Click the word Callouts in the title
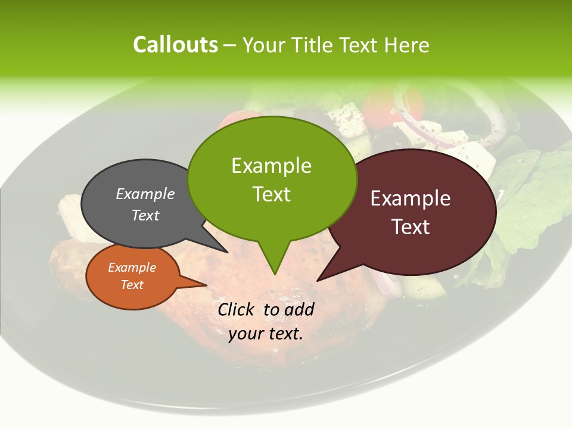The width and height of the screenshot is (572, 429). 175,45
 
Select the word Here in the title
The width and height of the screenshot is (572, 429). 408,45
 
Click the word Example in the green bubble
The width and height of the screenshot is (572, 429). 272,165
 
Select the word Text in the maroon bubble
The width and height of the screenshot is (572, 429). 411,227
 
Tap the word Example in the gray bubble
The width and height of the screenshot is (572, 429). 145,194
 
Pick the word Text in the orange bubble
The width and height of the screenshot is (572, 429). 132,285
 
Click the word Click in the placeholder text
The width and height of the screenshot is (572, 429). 237,309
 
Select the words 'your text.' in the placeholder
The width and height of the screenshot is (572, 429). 266,333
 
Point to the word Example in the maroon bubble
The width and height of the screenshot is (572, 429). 411,198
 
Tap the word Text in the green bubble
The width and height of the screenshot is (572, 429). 272,194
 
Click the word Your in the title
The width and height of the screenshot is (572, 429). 264,45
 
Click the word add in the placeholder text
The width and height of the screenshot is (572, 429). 300,309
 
